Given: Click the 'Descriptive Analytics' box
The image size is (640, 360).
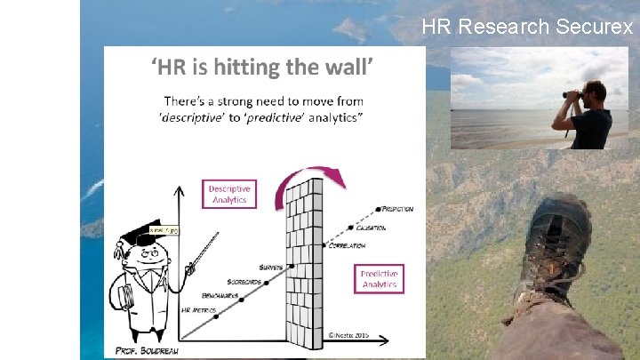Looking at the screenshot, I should point(229,195).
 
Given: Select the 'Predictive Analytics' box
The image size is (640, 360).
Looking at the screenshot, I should point(379,278).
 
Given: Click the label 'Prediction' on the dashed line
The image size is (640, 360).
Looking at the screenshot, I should point(396,209).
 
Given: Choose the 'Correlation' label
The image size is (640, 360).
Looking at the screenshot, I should point(348,245).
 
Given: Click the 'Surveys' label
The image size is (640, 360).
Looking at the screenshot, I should point(271,266).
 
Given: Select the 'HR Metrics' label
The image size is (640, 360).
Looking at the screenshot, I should point(197,310).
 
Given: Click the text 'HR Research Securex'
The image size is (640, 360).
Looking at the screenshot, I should point(527,27).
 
